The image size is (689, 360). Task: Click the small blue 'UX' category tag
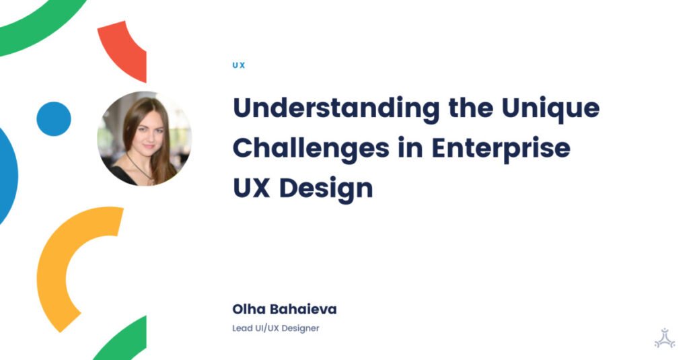[x=239, y=65]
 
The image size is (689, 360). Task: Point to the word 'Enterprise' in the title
[x=501, y=148]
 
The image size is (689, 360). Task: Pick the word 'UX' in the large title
[x=252, y=188]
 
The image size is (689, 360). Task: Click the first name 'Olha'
[x=247, y=310]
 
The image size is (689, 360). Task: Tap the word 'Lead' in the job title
[x=242, y=328]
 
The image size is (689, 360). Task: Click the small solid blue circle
[x=54, y=119]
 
